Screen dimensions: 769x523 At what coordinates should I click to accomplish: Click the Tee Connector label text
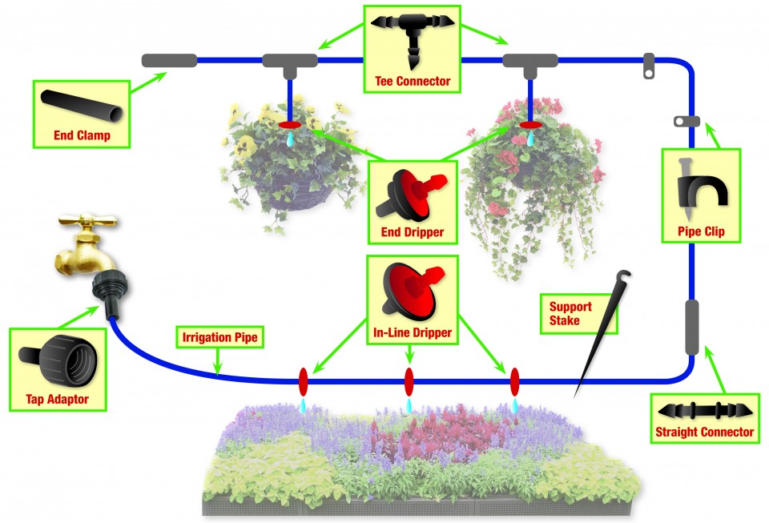pyautogui.click(x=413, y=81)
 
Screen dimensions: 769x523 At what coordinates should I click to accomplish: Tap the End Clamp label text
pyautogui.click(x=82, y=135)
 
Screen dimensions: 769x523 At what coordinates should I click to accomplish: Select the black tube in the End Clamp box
pyautogui.click(x=82, y=107)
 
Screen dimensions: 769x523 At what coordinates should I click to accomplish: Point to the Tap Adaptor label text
pyautogui.click(x=58, y=399)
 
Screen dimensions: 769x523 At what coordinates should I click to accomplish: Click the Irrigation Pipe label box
pyautogui.click(x=219, y=337)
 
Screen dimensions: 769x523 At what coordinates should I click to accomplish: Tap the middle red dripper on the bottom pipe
pyautogui.click(x=409, y=382)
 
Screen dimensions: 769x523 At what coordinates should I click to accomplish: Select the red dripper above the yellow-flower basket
pyautogui.click(x=290, y=125)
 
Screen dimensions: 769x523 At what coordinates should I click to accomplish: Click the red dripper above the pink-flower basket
pyautogui.click(x=530, y=125)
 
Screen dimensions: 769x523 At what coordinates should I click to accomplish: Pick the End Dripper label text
pyautogui.click(x=413, y=231)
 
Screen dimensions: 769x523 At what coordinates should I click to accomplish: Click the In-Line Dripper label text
pyautogui.click(x=413, y=332)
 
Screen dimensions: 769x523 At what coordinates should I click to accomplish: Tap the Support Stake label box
pyautogui.click(x=578, y=314)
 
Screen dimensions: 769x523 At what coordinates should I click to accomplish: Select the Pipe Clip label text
pyautogui.click(x=701, y=231)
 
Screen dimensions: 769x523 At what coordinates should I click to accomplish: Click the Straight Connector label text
pyautogui.click(x=704, y=432)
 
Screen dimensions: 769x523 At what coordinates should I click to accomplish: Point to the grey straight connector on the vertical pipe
pyautogui.click(x=691, y=327)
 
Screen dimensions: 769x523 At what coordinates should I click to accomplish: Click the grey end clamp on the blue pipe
pyautogui.click(x=170, y=61)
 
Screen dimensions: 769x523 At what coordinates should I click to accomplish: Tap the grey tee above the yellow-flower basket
pyautogui.click(x=290, y=64)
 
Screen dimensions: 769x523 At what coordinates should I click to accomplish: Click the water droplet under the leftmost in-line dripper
pyautogui.click(x=303, y=405)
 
